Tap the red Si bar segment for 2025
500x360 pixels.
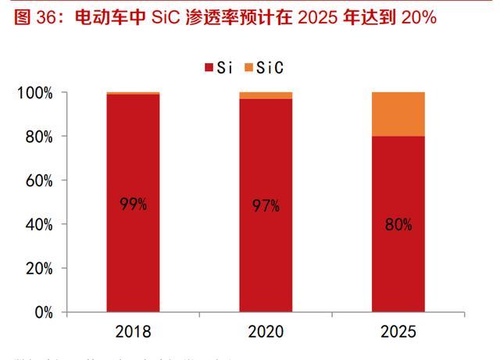[x=398, y=266]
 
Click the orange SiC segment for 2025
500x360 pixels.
[x=398, y=114]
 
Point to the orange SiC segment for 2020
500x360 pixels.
[x=266, y=95]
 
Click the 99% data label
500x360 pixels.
[x=134, y=205]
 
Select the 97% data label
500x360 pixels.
[x=266, y=206]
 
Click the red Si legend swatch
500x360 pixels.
[x=209, y=69]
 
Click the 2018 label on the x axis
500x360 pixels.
[x=133, y=331]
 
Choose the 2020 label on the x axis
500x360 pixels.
[x=266, y=331]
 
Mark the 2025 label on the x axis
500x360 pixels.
[x=398, y=331]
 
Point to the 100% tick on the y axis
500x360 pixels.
[x=35, y=93]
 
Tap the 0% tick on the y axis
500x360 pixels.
[x=42, y=312]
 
